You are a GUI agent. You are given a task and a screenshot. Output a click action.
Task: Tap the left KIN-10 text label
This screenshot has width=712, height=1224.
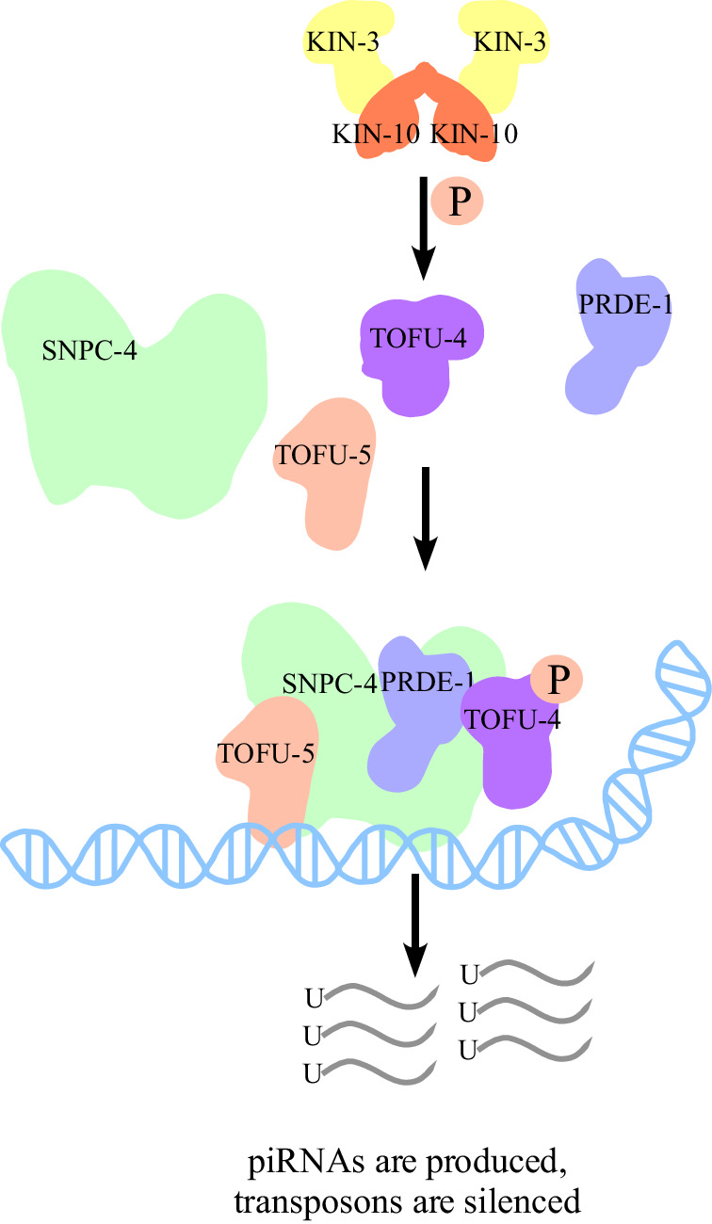pos(377,135)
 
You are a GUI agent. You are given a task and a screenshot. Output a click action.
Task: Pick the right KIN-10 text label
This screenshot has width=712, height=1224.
pos(474,135)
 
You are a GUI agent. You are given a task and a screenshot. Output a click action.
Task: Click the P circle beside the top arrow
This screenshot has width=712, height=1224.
pos(456,201)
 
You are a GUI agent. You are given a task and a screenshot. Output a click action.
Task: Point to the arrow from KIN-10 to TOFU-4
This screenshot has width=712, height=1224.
pos(425,226)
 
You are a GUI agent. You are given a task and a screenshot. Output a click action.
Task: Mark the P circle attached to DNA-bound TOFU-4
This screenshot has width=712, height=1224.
pos(557,679)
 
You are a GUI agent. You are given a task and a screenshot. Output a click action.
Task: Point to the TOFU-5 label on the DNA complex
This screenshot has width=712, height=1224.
pos(266,752)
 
